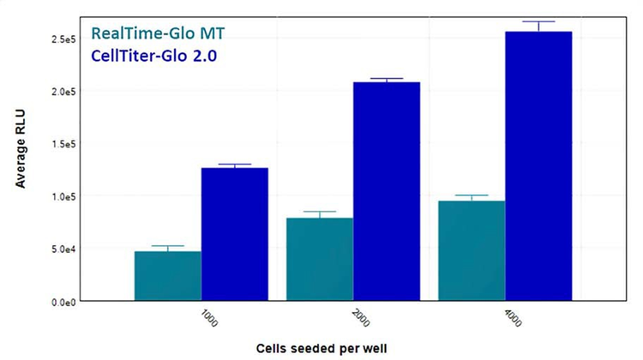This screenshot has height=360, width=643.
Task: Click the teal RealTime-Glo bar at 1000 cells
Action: coord(168,275)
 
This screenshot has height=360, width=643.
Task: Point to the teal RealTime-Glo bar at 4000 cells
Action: coord(472,250)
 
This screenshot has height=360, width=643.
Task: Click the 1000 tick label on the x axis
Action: coord(209,318)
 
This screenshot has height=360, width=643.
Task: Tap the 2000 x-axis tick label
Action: coord(361,318)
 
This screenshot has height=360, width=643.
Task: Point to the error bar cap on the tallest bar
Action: coord(538,21)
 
